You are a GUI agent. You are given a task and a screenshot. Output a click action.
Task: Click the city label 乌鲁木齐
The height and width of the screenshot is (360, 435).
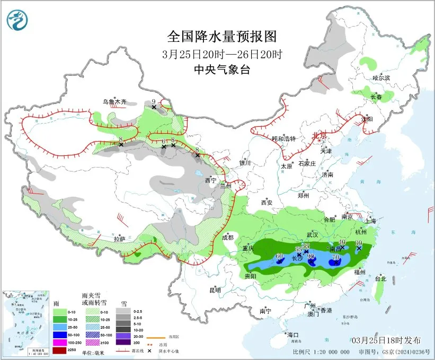115,101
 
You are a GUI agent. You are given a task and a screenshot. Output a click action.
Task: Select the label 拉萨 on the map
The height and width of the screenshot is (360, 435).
120,239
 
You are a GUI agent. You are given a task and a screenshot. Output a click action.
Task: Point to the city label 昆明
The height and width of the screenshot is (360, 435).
215,290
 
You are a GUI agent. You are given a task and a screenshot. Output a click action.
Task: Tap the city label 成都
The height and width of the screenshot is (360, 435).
228,238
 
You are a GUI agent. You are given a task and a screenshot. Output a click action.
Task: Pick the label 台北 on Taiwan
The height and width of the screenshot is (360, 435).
380,278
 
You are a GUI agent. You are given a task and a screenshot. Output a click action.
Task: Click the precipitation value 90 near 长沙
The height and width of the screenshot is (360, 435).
311,256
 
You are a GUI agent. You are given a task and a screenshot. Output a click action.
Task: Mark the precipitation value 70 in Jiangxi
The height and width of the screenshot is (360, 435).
335,257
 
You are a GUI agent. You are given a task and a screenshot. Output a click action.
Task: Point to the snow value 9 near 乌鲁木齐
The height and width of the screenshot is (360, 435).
154,101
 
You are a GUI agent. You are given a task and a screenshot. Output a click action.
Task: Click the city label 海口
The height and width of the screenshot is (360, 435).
294,335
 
